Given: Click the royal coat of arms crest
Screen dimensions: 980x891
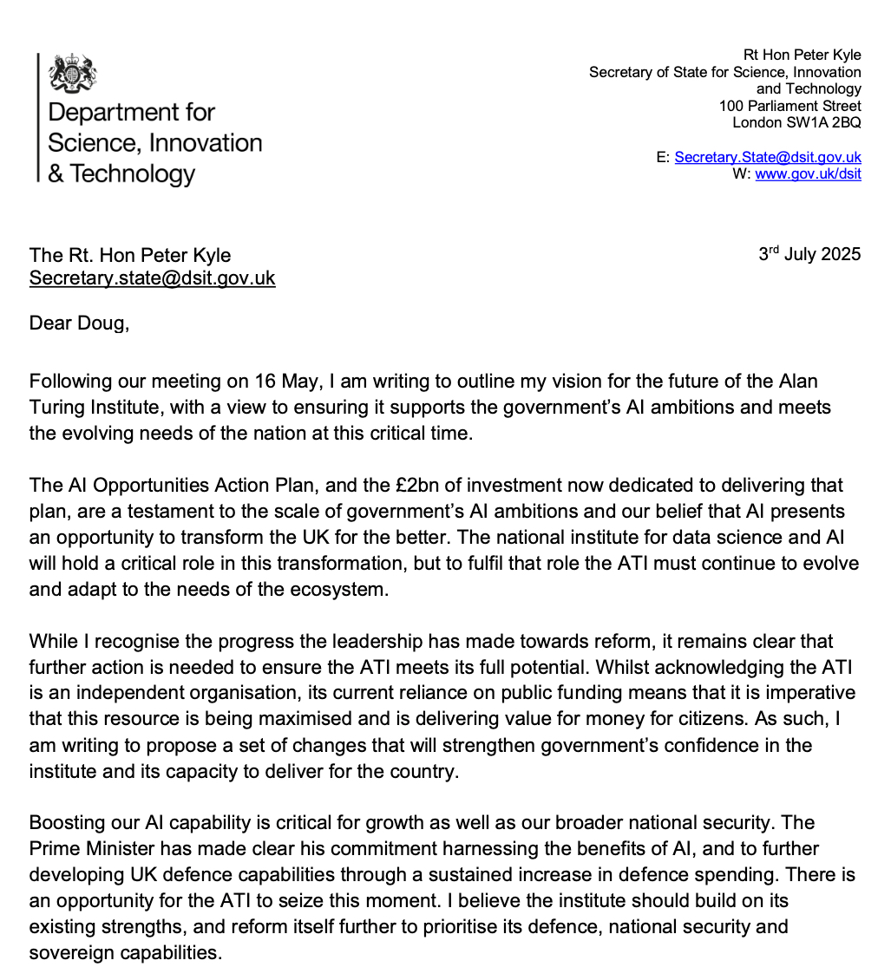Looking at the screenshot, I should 73,75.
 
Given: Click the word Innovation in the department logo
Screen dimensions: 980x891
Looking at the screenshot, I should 206,142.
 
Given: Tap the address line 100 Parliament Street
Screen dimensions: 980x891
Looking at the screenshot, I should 789,106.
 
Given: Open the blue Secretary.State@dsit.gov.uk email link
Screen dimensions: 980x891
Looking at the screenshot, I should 767,157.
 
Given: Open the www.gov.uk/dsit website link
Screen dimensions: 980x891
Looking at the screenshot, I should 808,173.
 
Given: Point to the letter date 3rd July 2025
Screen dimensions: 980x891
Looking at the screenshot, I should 809,255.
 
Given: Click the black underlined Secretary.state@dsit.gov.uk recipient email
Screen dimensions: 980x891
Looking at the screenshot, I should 153,278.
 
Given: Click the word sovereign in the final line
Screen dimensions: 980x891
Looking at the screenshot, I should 70,952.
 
